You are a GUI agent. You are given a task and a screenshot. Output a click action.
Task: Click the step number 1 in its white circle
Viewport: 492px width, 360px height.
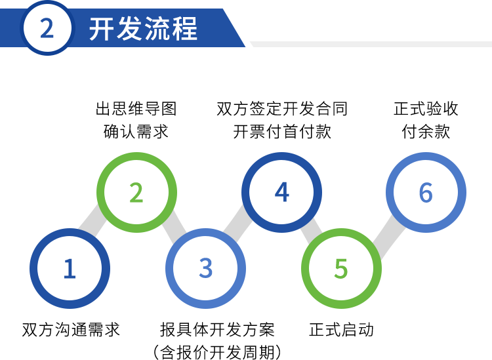point(70,269)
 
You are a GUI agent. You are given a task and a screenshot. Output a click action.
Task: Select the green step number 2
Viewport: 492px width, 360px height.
point(136,193)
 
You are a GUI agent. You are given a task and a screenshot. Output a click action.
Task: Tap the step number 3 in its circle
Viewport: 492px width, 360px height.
point(205,268)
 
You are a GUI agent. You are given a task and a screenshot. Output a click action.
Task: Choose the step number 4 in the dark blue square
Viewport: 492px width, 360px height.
point(281,192)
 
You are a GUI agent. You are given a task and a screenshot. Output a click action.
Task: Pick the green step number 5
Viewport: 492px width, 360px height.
point(340,268)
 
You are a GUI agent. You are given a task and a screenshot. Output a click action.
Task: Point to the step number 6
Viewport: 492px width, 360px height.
point(426,193)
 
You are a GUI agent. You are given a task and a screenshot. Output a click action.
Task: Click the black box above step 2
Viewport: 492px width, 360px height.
point(136,120)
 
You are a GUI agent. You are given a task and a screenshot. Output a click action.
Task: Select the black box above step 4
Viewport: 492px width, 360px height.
point(281,120)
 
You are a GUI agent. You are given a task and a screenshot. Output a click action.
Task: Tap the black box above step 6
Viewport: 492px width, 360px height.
point(426,120)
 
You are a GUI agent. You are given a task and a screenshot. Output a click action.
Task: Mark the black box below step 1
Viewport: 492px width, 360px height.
point(71,329)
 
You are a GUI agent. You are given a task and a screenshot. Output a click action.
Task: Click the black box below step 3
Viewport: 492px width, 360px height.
point(217,340)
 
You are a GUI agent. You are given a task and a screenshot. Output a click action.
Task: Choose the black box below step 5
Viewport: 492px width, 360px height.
point(340,329)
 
